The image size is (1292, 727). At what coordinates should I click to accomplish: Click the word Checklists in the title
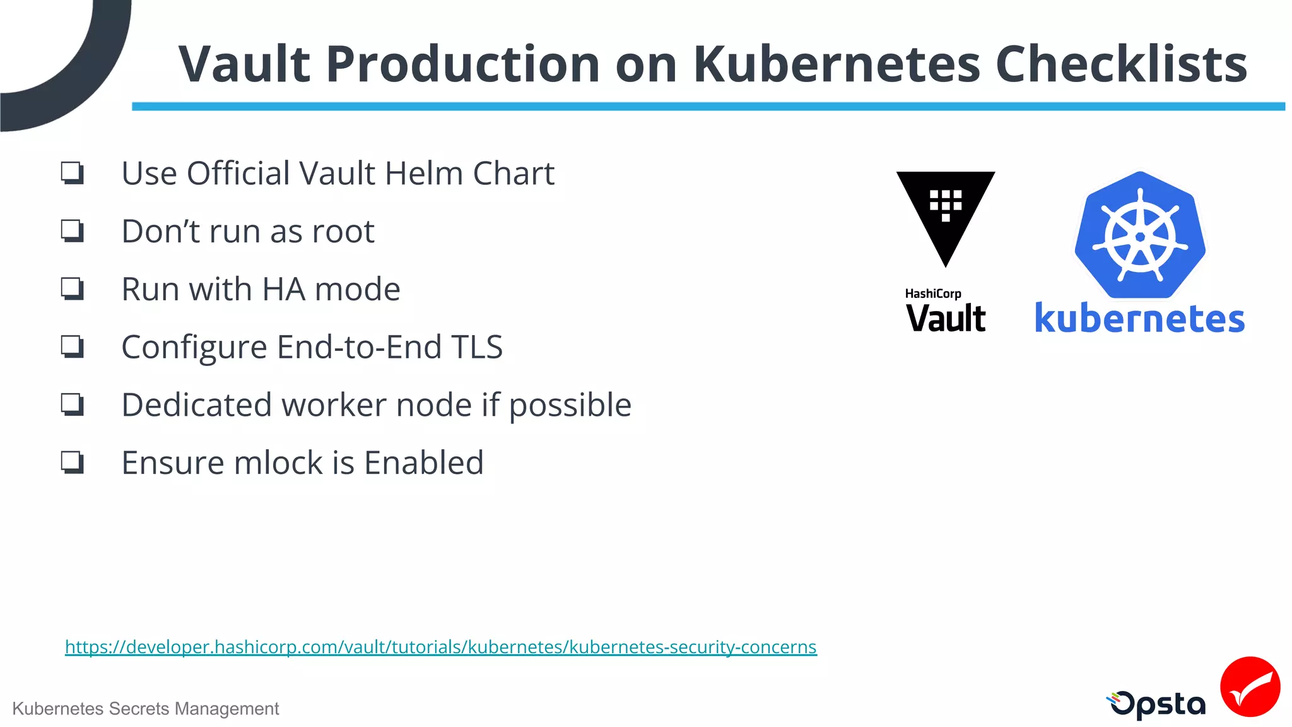tap(1120, 64)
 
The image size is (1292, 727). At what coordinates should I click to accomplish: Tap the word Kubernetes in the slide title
tap(837, 64)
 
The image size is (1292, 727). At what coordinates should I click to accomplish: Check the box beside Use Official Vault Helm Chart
tap(73, 173)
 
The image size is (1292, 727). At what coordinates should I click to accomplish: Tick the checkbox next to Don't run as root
tap(73, 231)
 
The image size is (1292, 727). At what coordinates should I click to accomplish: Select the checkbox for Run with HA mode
tap(73, 289)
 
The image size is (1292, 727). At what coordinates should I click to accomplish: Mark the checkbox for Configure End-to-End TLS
tap(73, 346)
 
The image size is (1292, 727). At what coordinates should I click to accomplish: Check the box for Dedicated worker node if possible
tap(73, 405)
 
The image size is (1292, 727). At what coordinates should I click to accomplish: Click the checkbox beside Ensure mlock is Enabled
tap(73, 463)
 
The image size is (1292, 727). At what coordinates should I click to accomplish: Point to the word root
tap(343, 232)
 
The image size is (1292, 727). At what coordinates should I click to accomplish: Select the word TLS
tap(476, 347)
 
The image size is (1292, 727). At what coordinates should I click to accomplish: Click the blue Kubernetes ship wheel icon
tap(1140, 236)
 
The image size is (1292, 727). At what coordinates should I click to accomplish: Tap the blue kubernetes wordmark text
tap(1139, 319)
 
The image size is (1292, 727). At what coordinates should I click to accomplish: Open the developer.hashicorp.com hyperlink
tap(440, 647)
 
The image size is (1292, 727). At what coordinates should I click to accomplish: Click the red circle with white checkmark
tap(1250, 687)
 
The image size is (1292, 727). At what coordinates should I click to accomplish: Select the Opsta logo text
tap(1158, 704)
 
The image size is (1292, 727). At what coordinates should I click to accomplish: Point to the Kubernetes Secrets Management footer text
tap(145, 709)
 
